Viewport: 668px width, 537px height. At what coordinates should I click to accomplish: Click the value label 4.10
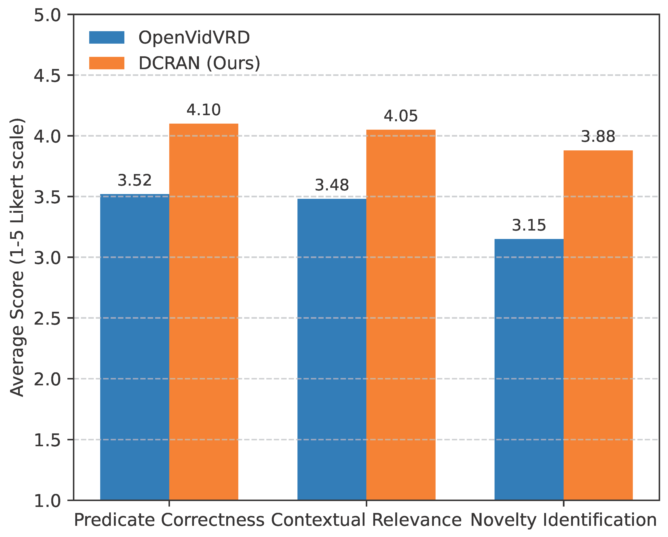[x=203, y=110]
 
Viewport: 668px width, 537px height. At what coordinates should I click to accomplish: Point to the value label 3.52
[x=134, y=180]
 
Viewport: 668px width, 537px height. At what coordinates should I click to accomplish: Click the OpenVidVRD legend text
[x=194, y=38]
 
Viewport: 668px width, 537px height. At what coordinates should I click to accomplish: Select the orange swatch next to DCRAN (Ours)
[x=107, y=63]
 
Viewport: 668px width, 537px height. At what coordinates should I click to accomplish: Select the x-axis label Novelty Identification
[x=563, y=520]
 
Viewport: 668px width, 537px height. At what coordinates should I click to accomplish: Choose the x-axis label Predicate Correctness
[x=169, y=520]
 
